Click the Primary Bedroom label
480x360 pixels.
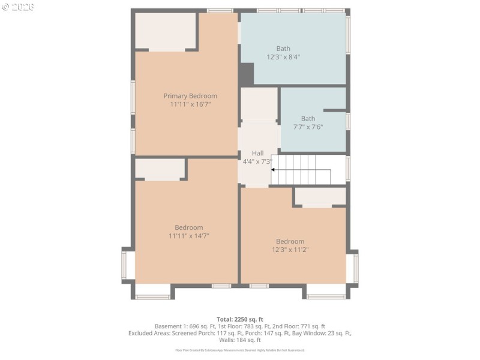(190, 96)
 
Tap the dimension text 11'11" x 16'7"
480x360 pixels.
(190, 104)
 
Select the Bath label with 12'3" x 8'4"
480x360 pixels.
(283, 49)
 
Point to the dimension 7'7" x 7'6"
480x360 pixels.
(308, 127)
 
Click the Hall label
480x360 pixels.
(257, 153)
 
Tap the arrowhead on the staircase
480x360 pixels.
(274, 170)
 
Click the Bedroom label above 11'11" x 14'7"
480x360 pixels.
(188, 227)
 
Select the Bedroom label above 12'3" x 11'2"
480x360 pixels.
(290, 241)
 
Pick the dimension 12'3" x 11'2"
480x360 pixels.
(290, 250)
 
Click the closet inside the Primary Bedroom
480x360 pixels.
(166, 31)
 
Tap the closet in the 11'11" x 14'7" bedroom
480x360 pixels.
(160, 168)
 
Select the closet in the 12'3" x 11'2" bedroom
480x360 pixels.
(320, 196)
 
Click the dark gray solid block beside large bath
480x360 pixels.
(247, 74)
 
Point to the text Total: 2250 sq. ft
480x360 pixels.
(240, 319)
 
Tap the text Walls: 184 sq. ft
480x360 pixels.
(240, 340)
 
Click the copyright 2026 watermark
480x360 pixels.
(18, 7)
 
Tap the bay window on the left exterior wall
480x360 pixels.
(128, 264)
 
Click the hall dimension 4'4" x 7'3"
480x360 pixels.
(257, 161)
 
